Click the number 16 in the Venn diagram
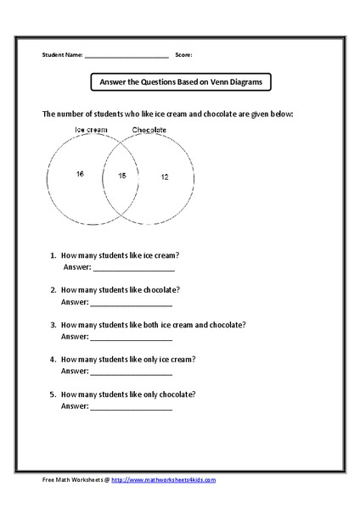click(x=79, y=174)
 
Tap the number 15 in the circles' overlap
click(x=121, y=176)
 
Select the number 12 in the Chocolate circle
click(x=164, y=177)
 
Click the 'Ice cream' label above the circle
click(x=91, y=130)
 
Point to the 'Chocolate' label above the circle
click(x=149, y=130)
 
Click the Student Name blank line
click(x=127, y=56)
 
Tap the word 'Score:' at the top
click(x=183, y=54)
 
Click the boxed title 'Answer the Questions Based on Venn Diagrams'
click(x=180, y=82)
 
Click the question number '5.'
click(x=53, y=394)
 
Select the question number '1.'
click(x=53, y=255)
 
